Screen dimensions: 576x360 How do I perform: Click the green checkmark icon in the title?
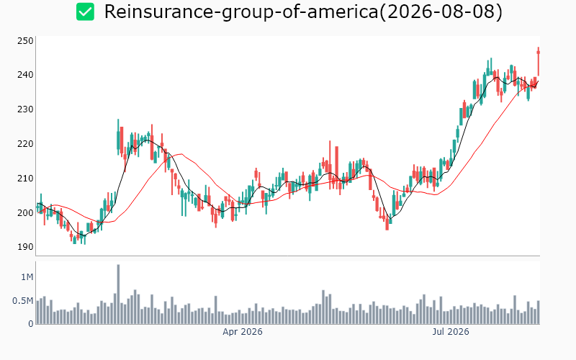85,12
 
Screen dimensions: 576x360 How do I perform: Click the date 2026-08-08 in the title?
441,12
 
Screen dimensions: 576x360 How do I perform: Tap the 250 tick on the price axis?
25,41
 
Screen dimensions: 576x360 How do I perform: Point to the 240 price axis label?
25,75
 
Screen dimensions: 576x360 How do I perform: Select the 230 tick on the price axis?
25,109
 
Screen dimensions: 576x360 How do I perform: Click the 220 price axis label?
25,144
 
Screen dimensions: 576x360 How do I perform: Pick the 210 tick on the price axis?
25,179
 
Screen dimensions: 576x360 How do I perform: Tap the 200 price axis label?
25,212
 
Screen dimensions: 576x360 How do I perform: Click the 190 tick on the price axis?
25,247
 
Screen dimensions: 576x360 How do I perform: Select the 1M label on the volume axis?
27,277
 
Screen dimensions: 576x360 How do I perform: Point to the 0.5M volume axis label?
23,301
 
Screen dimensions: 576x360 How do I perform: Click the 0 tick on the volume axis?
31,323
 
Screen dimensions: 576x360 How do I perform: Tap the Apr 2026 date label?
243,332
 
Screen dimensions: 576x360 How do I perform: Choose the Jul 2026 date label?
451,332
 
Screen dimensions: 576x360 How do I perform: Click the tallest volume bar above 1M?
118,294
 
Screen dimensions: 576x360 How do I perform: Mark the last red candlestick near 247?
539,61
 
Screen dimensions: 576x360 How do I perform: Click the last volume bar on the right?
539,312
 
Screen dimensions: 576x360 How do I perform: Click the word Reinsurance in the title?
158,12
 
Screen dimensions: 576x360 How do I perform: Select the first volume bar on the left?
38,312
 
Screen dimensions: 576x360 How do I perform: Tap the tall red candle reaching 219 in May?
336,167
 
